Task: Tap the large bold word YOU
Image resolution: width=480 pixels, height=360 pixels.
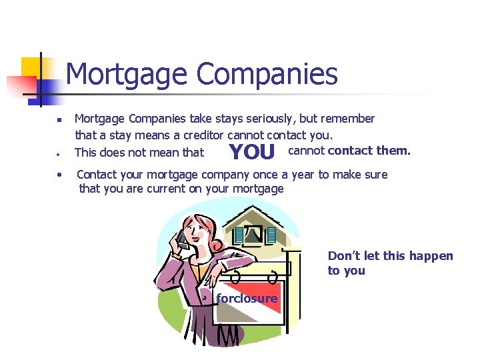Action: coord(251,153)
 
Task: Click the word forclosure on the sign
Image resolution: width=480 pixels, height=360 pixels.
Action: coord(247,299)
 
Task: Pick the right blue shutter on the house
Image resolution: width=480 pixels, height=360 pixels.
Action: coord(270,235)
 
